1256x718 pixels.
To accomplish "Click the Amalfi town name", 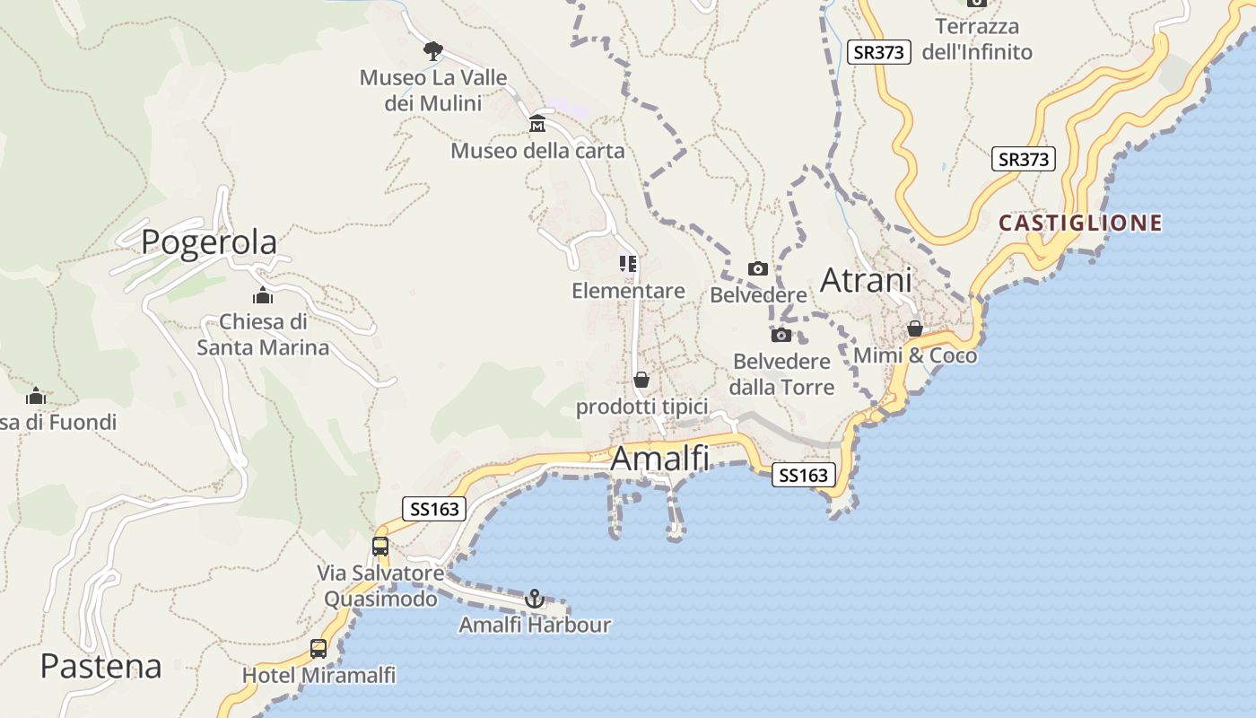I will point(659,459).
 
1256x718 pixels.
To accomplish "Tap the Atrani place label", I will point(866,280).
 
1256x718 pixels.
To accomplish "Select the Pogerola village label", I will point(209,242).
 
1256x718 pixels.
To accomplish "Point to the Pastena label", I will point(101,666).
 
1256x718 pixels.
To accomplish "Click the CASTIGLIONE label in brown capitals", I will point(1080,223).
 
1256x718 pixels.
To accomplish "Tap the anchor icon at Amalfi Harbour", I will point(535,599).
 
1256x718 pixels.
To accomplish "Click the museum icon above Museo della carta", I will point(537,123).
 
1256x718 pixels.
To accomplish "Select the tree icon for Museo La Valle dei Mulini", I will point(433,50).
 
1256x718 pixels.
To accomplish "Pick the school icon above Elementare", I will point(628,264).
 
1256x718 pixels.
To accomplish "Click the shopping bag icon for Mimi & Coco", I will point(915,328).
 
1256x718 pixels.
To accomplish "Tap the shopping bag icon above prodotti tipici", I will point(641,380).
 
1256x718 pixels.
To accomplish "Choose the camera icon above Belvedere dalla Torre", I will point(781,335).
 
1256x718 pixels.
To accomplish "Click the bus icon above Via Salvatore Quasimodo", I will point(380,546).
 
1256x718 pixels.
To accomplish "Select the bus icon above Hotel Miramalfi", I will point(318,648).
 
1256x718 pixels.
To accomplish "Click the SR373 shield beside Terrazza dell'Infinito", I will point(879,52).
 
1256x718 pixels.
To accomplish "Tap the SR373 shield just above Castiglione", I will point(1024,160).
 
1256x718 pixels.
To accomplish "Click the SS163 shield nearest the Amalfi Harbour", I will point(435,509).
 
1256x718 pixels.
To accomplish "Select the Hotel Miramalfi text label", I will point(318,675).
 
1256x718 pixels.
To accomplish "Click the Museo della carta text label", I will point(537,150).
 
